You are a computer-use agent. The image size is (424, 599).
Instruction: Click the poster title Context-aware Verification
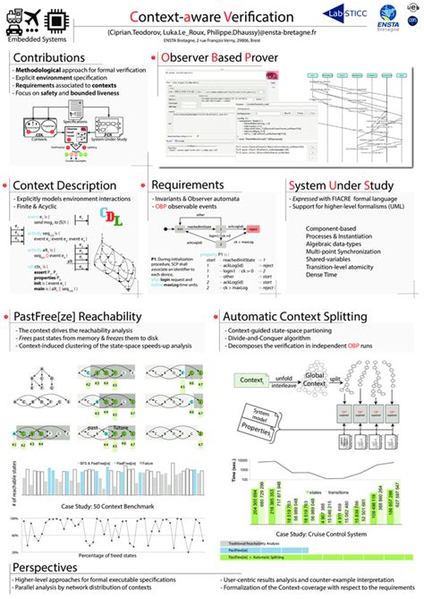click(x=211, y=15)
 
